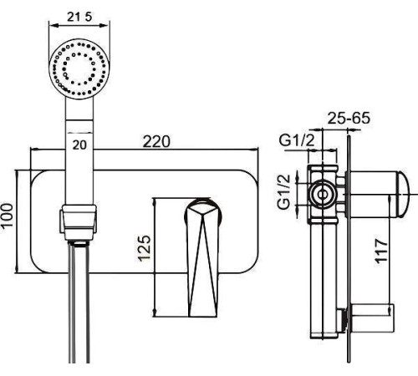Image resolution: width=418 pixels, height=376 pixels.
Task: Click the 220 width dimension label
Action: (x=156, y=141)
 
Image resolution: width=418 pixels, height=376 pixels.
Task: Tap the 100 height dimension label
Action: (x=7, y=216)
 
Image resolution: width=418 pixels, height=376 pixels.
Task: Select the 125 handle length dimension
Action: (x=145, y=248)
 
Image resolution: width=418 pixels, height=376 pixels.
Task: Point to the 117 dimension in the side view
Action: (x=381, y=251)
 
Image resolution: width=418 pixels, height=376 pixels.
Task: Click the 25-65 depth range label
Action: (x=349, y=118)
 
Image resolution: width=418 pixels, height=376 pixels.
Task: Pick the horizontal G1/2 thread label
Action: (x=297, y=141)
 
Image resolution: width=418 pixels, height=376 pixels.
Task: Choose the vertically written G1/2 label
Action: (x=284, y=192)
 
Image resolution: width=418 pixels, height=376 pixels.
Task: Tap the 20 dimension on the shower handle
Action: (x=79, y=145)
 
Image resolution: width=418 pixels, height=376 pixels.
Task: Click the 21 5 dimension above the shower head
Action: (x=79, y=17)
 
